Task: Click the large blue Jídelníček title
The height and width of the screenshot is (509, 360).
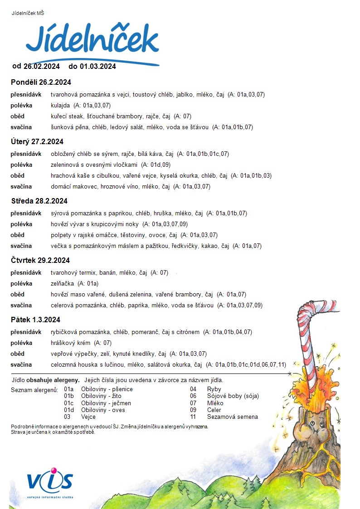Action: tap(92, 40)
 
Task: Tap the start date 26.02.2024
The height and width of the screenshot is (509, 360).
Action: tap(42, 66)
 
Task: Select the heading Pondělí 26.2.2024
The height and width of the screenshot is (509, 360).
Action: tap(41, 82)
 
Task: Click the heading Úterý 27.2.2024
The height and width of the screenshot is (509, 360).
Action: tap(37, 141)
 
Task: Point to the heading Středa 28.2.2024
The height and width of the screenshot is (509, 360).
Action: tap(39, 201)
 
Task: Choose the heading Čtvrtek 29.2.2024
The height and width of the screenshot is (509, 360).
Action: tap(40, 260)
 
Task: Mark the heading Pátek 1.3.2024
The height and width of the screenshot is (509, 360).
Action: tap(35, 320)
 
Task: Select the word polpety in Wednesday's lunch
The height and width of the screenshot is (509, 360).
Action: tap(61, 235)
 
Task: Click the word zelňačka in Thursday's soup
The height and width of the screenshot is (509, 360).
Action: tap(63, 283)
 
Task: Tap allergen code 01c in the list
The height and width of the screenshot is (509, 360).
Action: tap(69, 403)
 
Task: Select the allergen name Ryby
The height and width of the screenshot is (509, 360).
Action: tap(214, 389)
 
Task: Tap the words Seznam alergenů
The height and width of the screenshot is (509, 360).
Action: tap(34, 389)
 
